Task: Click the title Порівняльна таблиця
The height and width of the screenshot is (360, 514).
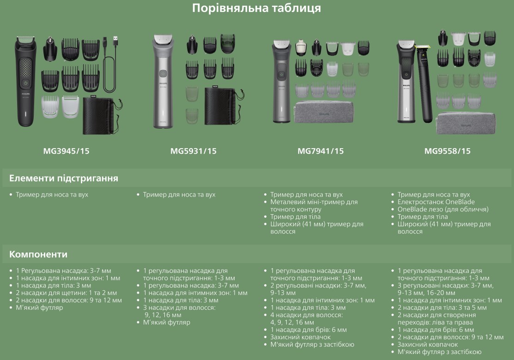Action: coord(256,8)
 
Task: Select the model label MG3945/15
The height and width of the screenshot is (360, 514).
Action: coord(66,151)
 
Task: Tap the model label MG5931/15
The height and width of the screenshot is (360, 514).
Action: coord(194,151)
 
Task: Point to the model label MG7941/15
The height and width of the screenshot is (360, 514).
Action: coord(320,151)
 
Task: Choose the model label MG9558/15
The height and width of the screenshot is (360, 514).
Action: coord(447,151)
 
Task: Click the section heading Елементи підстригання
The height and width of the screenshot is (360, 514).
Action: coord(64,178)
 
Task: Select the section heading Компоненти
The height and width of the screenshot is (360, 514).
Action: coord(38,254)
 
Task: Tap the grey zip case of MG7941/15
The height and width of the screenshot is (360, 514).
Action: coord(324,112)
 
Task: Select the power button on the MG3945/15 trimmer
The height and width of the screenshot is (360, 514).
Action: coord(25,83)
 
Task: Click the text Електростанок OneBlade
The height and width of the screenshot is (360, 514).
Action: coord(436,202)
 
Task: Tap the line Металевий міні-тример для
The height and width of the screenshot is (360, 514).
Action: coord(314,202)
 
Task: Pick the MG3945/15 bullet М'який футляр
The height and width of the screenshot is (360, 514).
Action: coord(39,307)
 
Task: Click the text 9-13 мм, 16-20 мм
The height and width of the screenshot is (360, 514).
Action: coord(426,293)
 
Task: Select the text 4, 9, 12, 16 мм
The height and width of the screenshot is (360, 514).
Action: coord(292,322)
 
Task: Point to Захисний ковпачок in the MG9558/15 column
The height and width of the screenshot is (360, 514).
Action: coord(428,344)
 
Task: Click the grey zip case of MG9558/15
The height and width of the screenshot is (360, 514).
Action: coord(466,123)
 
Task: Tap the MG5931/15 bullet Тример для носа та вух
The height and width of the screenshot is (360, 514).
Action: coord(179,195)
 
